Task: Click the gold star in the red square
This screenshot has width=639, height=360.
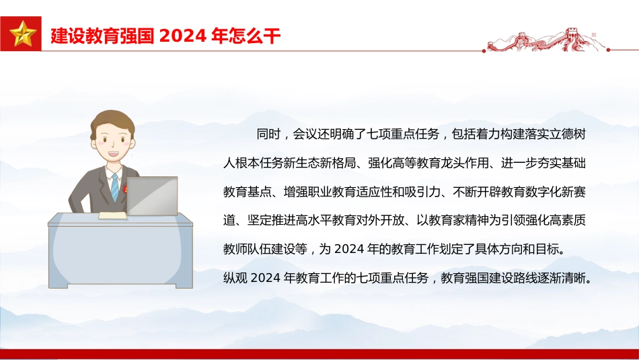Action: pos(22,34)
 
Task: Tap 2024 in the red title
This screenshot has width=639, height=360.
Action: pos(182,36)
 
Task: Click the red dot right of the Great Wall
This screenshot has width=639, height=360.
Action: pos(608,50)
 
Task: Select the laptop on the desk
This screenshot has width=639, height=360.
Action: pos(152,196)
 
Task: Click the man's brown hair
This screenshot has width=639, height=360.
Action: pos(112,122)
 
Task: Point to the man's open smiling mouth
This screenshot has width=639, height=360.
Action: pos(113,155)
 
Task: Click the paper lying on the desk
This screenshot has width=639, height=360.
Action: pos(113,215)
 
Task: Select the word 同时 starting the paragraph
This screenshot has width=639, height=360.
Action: pos(268,134)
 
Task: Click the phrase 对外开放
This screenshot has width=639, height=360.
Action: pos(380,220)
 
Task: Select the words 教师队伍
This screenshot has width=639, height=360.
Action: pos(248,249)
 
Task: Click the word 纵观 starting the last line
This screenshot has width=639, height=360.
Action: pos(235,278)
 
